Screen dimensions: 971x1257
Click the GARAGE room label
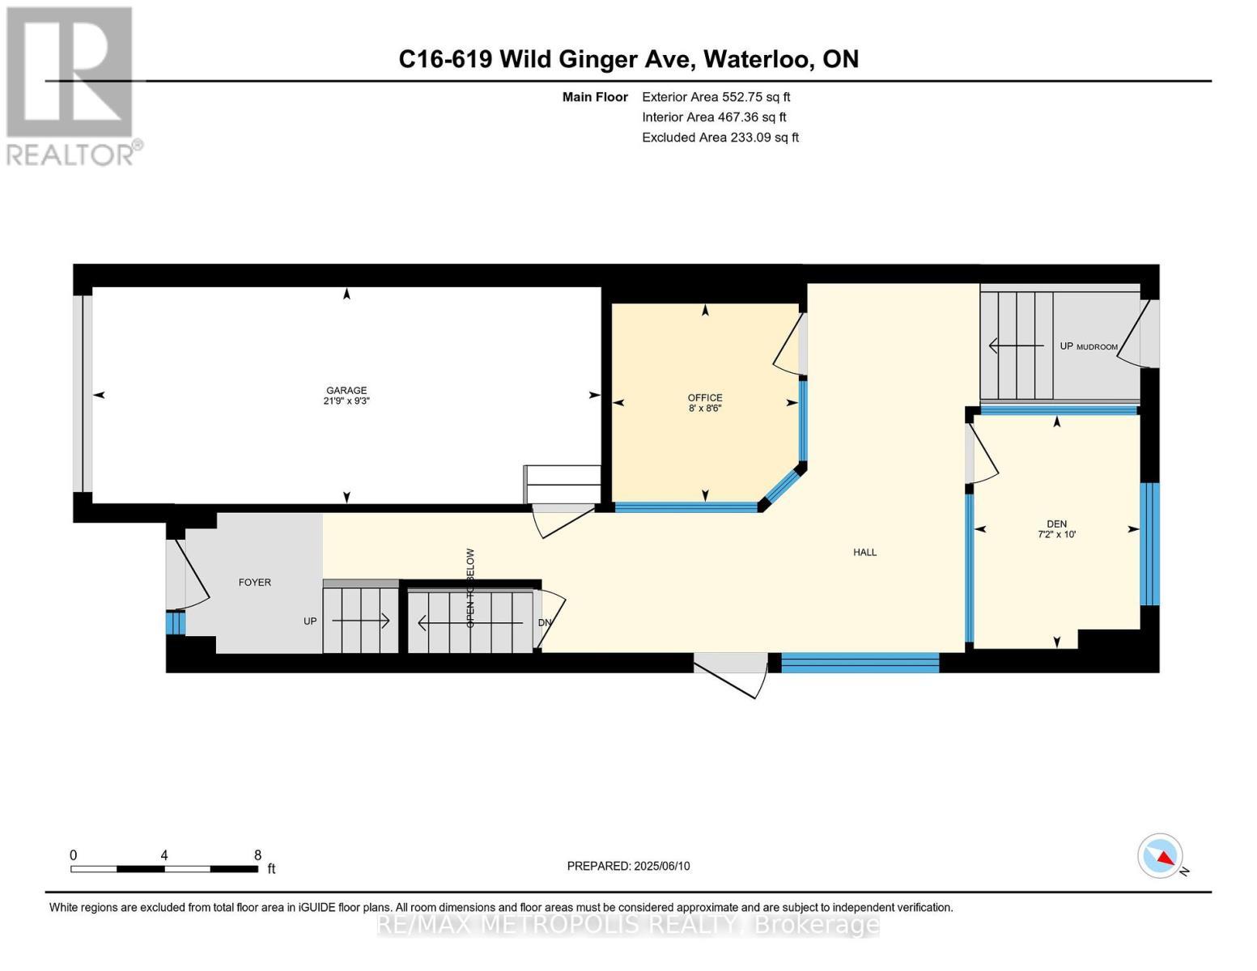point(346,390)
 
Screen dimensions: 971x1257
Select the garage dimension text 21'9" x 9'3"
point(346,401)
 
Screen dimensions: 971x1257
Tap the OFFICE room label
point(704,397)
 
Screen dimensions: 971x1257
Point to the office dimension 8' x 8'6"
point(704,409)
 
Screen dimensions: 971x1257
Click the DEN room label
point(1056,524)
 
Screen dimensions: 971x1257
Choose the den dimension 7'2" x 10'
point(1056,534)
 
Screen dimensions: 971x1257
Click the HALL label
point(864,553)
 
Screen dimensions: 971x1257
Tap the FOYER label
point(254,583)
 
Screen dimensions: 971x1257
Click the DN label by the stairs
point(545,622)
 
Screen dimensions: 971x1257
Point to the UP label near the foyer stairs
point(310,621)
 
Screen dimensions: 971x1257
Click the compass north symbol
point(1161,856)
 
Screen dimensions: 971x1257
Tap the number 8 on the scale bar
point(257,855)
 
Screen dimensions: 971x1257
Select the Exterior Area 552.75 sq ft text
point(716,97)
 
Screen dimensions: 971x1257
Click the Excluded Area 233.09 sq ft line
point(720,138)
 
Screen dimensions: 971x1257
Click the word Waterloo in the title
point(758,59)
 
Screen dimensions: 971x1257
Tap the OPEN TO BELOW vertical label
point(470,588)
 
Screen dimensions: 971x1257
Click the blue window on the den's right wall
point(1149,544)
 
